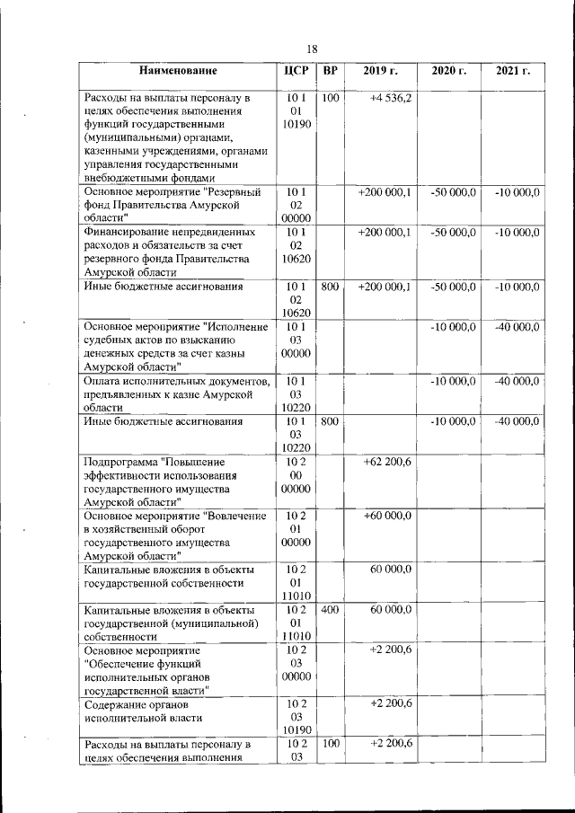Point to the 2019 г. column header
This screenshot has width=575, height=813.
click(x=380, y=70)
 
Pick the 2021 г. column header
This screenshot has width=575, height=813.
click(x=513, y=70)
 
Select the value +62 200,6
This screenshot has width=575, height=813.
click(x=387, y=461)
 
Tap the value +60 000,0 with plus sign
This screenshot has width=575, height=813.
click(x=387, y=516)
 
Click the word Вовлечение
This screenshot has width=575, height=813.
click(x=234, y=516)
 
